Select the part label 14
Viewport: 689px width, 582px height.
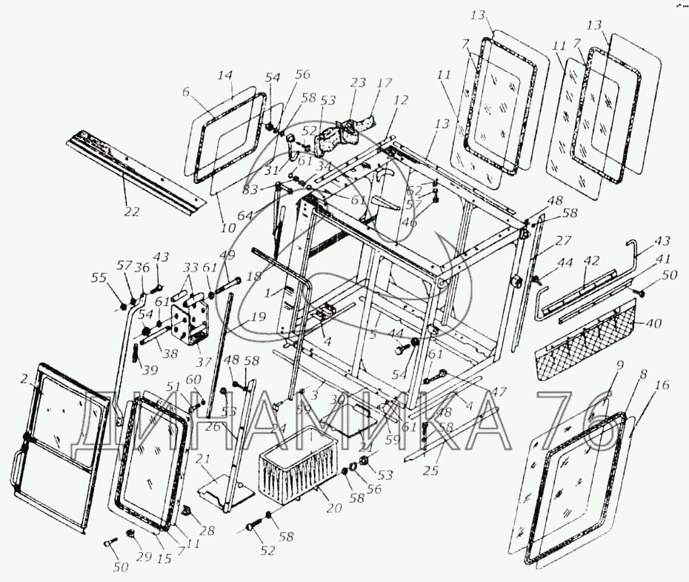pos(225,76)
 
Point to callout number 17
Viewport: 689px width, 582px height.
pos(385,84)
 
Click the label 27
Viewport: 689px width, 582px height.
pos(565,240)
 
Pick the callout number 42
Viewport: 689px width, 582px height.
pos(591,261)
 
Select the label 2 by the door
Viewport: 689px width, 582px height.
pos(24,379)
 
